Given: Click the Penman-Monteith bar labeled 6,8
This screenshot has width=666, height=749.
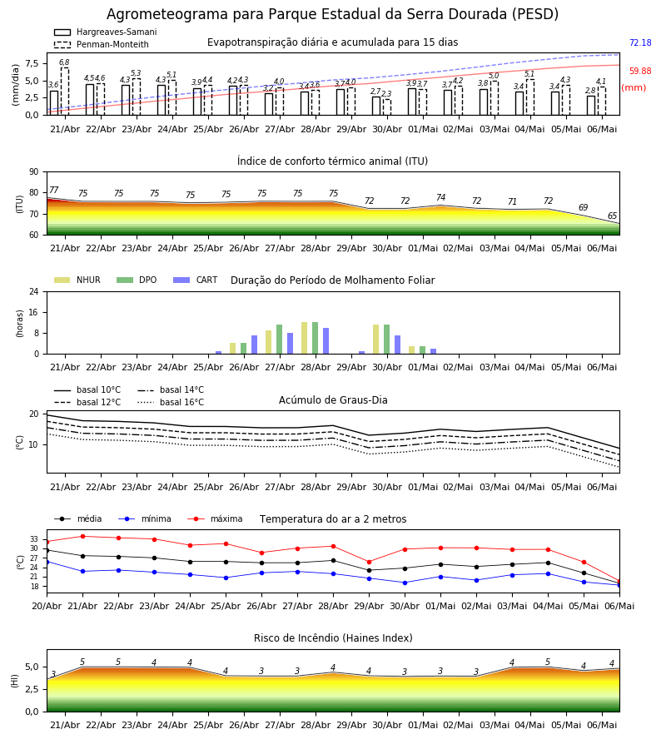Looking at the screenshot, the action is (64, 92).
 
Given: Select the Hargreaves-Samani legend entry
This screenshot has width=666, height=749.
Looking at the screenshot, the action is (105, 32).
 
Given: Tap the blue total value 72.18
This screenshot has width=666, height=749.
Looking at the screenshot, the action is (640, 42).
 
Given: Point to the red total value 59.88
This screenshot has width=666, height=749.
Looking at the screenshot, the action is (640, 72).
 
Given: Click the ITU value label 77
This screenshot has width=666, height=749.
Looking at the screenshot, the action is (54, 190).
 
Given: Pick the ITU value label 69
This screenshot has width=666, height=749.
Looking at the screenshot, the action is (583, 207).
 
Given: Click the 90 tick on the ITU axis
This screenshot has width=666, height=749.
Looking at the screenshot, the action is (34, 172).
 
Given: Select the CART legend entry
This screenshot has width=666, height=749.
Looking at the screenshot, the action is (195, 280).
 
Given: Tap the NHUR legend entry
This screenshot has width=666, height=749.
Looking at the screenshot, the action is (77, 280).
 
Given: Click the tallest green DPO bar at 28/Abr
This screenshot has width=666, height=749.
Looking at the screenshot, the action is (316, 338).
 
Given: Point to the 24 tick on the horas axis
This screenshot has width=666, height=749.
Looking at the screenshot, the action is (34, 291).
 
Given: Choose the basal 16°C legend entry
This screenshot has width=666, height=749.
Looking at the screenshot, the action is (171, 402).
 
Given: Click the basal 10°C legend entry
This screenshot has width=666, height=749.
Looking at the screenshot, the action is (87, 389).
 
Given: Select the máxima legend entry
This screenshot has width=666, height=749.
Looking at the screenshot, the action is (215, 518).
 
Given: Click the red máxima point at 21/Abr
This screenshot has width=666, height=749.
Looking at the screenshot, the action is (82, 537).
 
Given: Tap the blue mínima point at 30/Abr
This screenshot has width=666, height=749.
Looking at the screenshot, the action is (405, 583).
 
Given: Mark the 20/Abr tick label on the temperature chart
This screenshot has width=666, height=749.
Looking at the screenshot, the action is (47, 606).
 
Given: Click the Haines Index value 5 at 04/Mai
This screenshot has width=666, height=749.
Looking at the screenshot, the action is (548, 662).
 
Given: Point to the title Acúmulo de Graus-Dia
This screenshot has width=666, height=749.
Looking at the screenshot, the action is (333, 400).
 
